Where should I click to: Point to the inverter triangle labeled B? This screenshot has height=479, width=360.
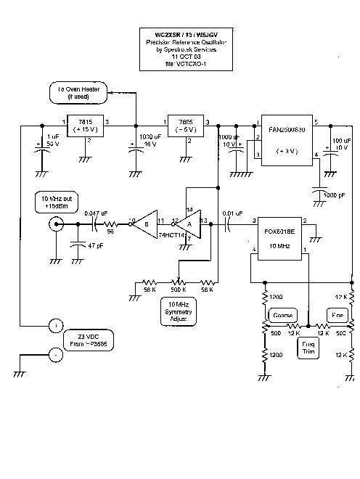coord(144,224)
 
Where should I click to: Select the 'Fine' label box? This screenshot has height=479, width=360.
coord(336,315)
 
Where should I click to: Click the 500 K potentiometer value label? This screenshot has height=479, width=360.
coord(177,289)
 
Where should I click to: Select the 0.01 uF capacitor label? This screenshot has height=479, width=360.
coord(234,213)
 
